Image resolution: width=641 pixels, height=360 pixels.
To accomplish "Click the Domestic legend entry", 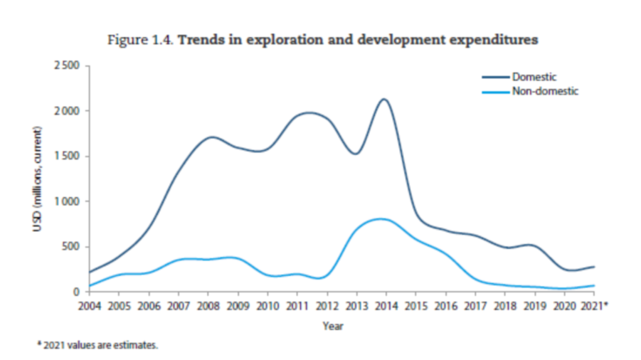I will [534, 77].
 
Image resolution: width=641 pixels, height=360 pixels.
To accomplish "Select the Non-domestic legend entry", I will [545, 91].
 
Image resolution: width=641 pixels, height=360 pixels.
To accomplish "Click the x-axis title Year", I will [333, 326].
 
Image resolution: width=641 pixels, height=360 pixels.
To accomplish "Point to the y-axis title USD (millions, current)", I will [37, 179].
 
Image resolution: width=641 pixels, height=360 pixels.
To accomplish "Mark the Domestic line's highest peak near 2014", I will [384, 99].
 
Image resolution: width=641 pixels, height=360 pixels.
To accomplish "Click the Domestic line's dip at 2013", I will [355, 154].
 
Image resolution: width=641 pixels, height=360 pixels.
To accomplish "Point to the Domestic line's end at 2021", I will [594, 267].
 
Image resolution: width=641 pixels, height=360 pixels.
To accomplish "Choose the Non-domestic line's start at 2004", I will [89, 286].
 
